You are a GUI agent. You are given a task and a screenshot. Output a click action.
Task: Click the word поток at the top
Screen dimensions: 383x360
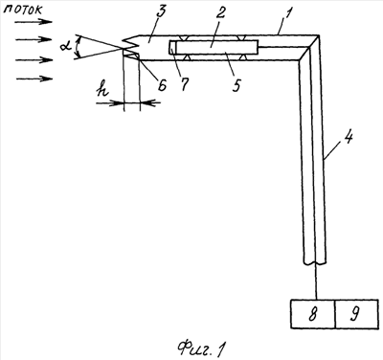pos(25,9)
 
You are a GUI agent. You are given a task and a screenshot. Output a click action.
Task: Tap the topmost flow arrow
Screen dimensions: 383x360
pos(34,22)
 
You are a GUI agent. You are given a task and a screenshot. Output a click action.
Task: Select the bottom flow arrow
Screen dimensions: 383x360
pos(34,79)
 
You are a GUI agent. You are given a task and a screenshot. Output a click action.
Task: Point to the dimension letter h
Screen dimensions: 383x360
pos(102,91)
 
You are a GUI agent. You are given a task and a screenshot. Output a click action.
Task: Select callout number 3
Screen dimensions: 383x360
pos(161,12)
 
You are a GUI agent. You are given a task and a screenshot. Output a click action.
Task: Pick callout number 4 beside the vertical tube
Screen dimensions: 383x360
pos(349,137)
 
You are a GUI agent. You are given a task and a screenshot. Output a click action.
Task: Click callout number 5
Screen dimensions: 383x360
pos(237,85)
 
